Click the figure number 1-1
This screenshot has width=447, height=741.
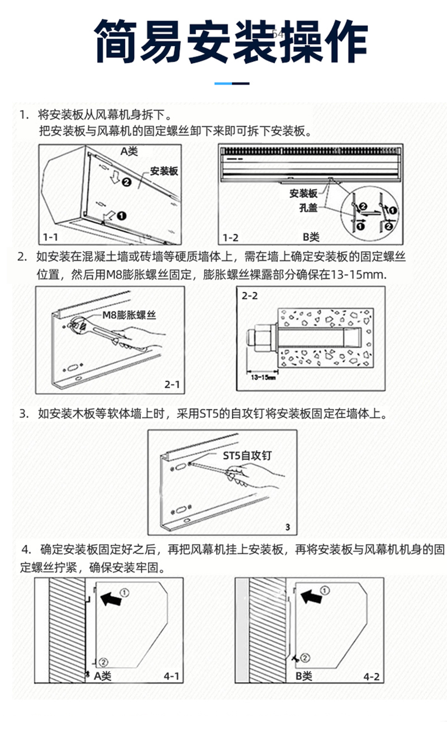click(52, 237)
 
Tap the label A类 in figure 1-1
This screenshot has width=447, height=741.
click(129, 151)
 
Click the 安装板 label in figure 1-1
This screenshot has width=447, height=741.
click(164, 171)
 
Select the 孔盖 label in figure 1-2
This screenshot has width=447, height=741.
click(308, 207)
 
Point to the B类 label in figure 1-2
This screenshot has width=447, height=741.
click(311, 238)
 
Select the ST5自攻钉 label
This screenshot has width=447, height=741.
click(248, 456)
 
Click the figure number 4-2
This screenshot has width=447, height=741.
click(371, 677)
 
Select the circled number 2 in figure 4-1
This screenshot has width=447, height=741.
click(103, 662)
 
